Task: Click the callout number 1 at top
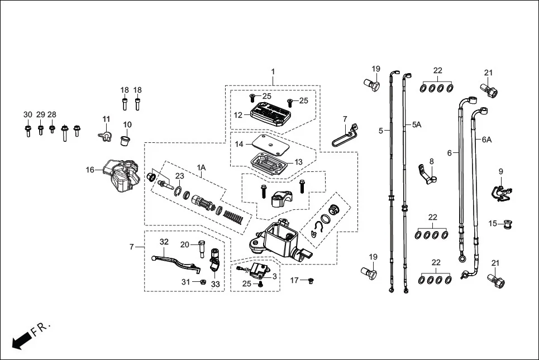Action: (x=273, y=71)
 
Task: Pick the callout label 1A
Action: (x=201, y=167)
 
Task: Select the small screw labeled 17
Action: (x=311, y=280)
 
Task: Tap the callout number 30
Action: (x=27, y=114)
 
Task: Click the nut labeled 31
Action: (x=204, y=282)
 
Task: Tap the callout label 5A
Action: (x=417, y=125)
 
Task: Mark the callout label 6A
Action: (x=486, y=139)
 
